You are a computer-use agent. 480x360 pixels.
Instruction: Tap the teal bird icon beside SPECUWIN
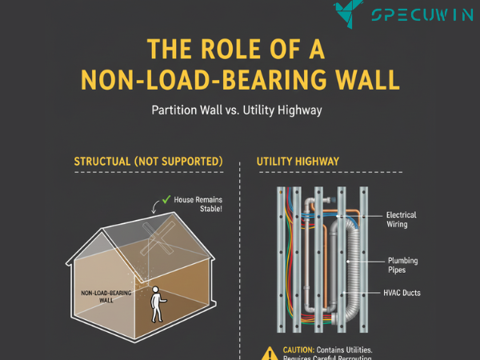[x=352, y=13]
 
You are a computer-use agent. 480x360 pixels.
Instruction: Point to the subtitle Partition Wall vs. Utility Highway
[x=236, y=110]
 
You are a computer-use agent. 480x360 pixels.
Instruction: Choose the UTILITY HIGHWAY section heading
[x=298, y=162]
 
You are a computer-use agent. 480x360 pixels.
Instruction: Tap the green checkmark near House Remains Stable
[x=166, y=198]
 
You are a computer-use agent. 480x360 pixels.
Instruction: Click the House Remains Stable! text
[x=198, y=203]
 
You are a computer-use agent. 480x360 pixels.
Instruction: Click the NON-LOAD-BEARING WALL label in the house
[x=106, y=297]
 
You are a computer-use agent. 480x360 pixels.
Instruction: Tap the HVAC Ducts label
[x=402, y=293]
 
